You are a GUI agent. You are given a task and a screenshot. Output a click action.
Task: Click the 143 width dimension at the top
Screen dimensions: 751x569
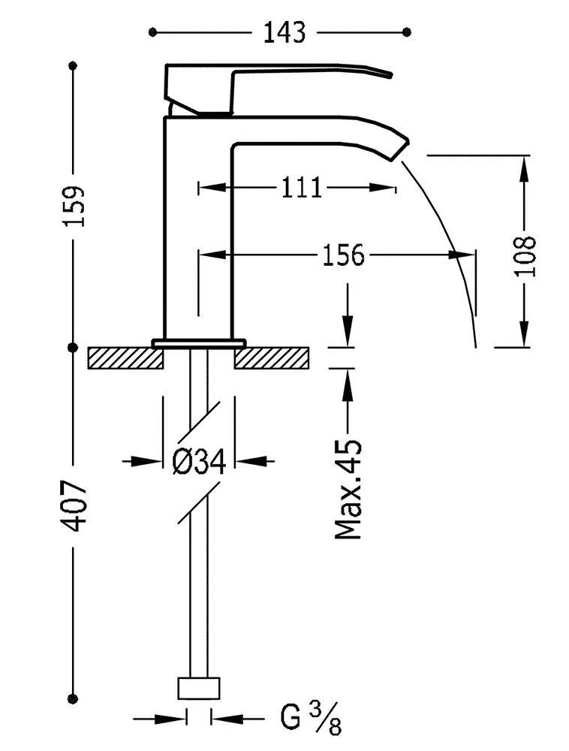(284, 32)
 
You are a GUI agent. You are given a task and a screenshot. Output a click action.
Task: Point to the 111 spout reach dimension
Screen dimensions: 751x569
(302, 188)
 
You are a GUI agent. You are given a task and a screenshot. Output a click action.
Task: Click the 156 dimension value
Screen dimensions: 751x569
(343, 255)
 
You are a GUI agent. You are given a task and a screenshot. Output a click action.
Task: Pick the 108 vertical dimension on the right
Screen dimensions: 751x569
(526, 256)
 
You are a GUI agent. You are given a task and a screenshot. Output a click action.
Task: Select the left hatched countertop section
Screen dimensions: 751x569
(125, 358)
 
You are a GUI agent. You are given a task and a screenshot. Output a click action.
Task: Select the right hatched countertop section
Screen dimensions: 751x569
(272, 358)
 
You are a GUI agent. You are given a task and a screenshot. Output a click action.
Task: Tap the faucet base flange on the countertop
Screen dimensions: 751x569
(199, 343)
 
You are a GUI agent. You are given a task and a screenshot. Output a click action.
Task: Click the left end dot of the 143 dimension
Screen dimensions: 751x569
(152, 32)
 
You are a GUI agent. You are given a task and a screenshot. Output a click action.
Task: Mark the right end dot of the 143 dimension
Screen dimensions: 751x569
(407, 32)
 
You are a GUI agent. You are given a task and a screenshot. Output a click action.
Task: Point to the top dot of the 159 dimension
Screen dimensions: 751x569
(74, 67)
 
